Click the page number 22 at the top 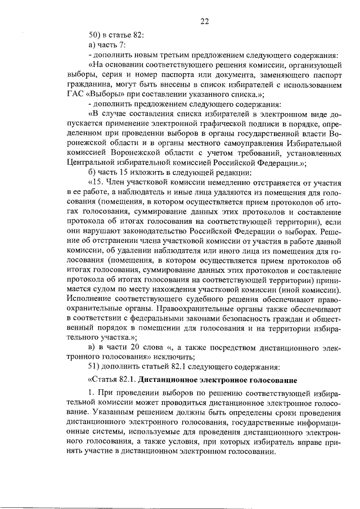click(x=205, y=21)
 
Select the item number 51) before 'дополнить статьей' click(x=95, y=367)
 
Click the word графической click(x=221, y=125)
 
